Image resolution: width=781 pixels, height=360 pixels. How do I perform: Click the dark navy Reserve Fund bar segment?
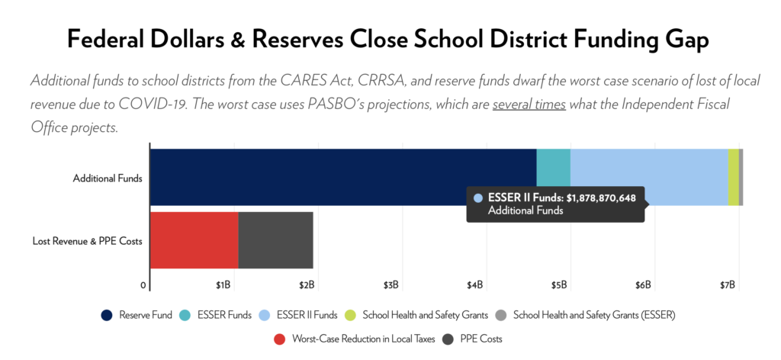[343, 177]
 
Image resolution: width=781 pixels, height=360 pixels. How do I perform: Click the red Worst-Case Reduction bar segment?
[194, 240]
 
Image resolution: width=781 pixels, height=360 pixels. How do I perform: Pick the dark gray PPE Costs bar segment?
[275, 240]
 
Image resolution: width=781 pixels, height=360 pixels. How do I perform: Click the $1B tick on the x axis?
[223, 285]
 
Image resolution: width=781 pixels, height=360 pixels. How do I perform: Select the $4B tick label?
[475, 285]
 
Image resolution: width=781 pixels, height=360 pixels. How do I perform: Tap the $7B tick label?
[728, 285]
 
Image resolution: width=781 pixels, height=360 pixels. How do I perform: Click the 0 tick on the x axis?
[143, 285]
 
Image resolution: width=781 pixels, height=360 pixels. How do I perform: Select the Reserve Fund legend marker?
[107, 314]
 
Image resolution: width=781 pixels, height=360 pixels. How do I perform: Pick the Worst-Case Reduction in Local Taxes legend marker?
[279, 339]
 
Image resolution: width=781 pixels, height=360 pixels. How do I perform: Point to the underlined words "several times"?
[529, 104]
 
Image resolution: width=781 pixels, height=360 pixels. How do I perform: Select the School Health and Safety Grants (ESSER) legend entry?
[594, 314]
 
